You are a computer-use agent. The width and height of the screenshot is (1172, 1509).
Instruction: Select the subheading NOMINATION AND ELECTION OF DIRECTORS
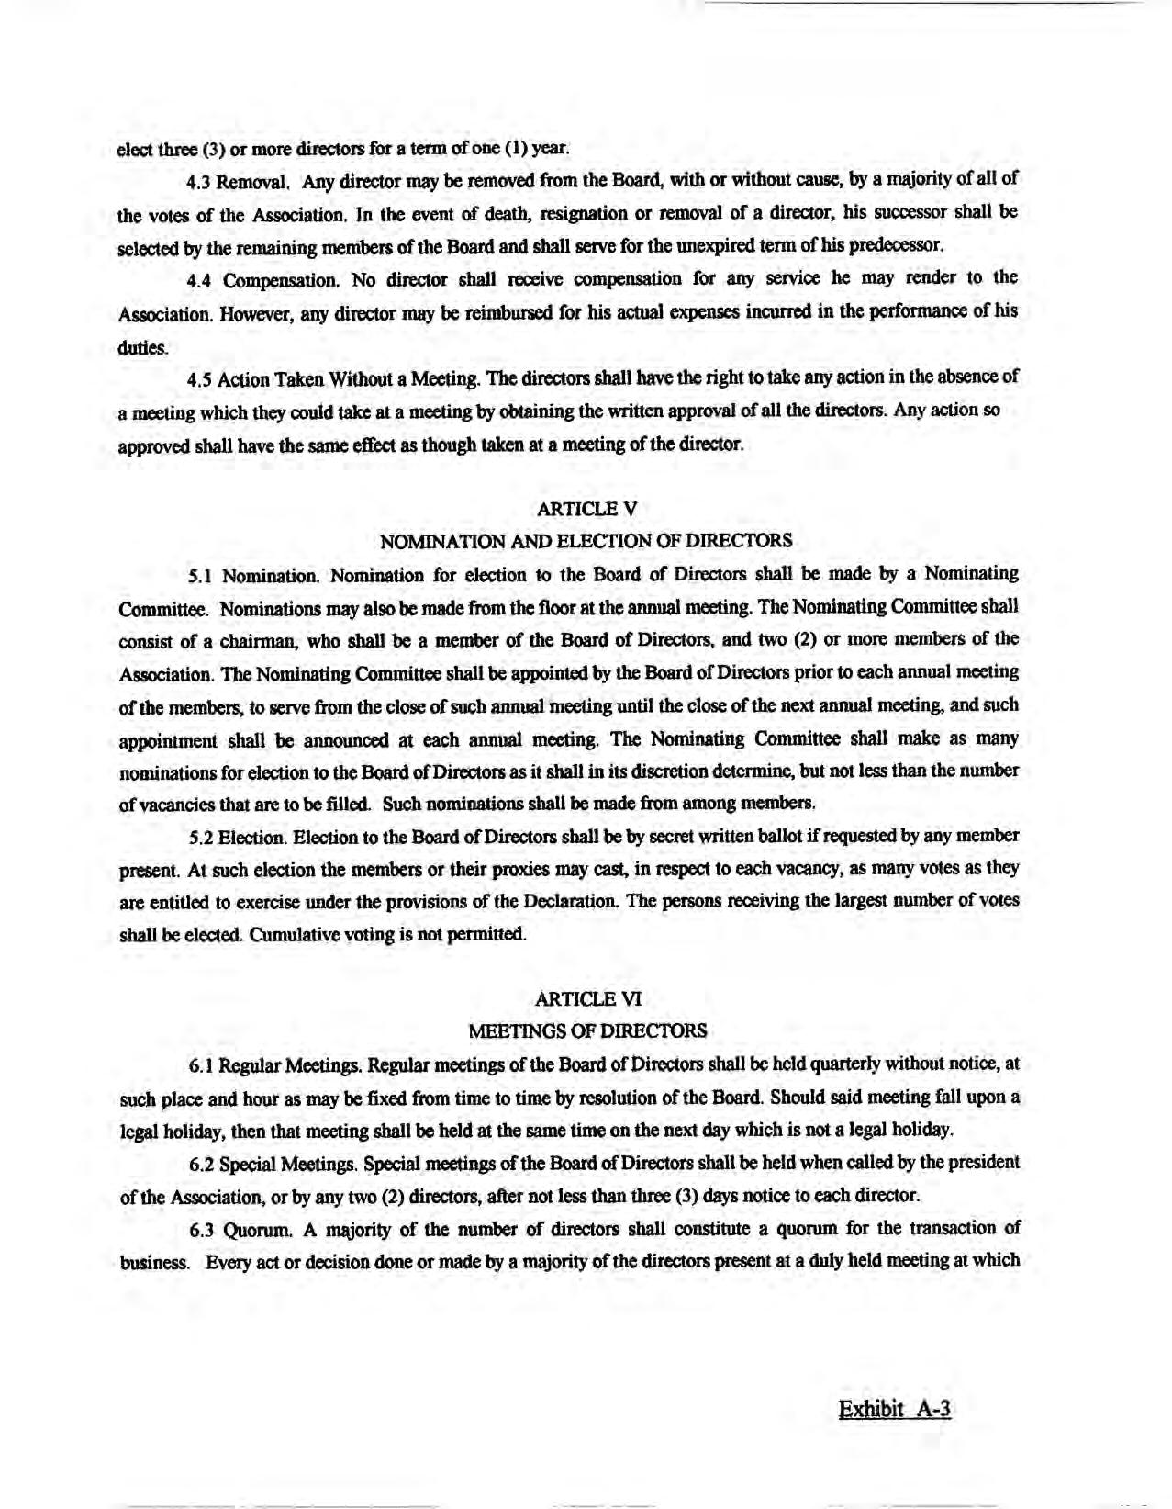point(586,541)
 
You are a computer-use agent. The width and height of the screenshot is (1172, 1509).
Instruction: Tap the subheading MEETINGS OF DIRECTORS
point(587,1030)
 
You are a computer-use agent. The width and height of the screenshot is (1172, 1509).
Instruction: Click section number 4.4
point(200,279)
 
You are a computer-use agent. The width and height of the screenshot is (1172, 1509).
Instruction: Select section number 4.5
point(199,378)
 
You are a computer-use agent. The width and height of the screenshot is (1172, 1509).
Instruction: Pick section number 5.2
point(201,838)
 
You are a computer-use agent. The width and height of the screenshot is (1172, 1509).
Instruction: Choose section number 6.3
point(202,1230)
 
